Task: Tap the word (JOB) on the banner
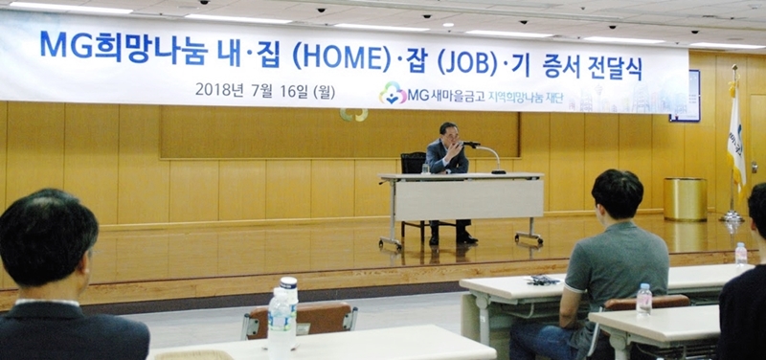466,62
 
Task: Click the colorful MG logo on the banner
393,93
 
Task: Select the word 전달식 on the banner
616,68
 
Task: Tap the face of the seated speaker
450,134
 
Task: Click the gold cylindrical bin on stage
685,199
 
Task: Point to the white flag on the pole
735,139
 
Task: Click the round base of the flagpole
732,216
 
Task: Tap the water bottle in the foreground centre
283,318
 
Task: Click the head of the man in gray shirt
617,194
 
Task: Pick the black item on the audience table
543,280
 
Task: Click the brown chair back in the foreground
299,320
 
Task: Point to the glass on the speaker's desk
425,169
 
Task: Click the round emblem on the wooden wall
353,115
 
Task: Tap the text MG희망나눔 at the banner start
124,48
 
